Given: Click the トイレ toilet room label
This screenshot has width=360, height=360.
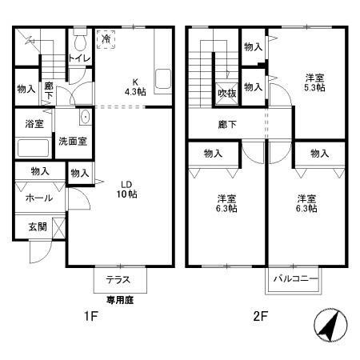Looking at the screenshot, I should [x=79, y=58].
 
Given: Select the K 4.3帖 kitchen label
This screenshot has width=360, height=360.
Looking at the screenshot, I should [x=134, y=86].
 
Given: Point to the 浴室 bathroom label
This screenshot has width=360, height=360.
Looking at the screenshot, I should [x=33, y=126].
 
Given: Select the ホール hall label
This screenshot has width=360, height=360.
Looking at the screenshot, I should [x=38, y=198].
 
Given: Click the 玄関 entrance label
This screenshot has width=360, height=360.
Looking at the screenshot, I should [x=37, y=226].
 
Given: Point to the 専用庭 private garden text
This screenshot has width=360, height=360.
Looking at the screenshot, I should [x=121, y=300].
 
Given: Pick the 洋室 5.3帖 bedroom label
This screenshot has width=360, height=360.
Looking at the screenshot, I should [x=314, y=82].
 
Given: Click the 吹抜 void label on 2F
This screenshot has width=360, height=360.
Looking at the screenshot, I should [x=226, y=93].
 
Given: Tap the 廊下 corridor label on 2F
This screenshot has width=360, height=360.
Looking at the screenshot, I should [x=227, y=125].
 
